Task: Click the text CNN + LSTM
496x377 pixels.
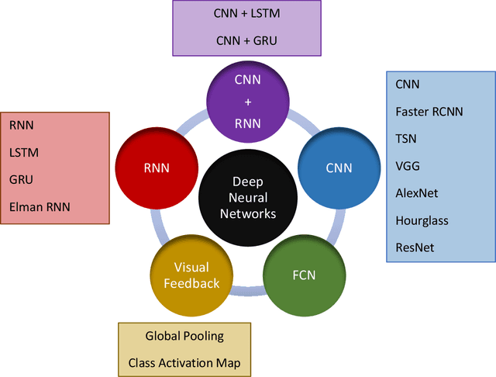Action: pos(247,14)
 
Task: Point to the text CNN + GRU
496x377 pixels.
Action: pos(247,41)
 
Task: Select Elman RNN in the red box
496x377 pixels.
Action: pos(39,206)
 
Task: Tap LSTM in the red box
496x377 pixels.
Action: pos(24,152)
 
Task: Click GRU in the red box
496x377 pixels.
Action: pos(22,179)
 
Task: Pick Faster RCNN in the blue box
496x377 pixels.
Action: pos(429,111)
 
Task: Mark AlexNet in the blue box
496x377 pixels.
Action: pos(416,193)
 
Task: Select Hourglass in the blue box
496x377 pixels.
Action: pos(422,220)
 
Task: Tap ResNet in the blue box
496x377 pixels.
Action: pos(415,247)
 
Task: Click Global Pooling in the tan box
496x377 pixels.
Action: pos(184,336)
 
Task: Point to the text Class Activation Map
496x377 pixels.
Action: pos(184,363)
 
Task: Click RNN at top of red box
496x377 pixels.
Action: pos(22,124)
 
